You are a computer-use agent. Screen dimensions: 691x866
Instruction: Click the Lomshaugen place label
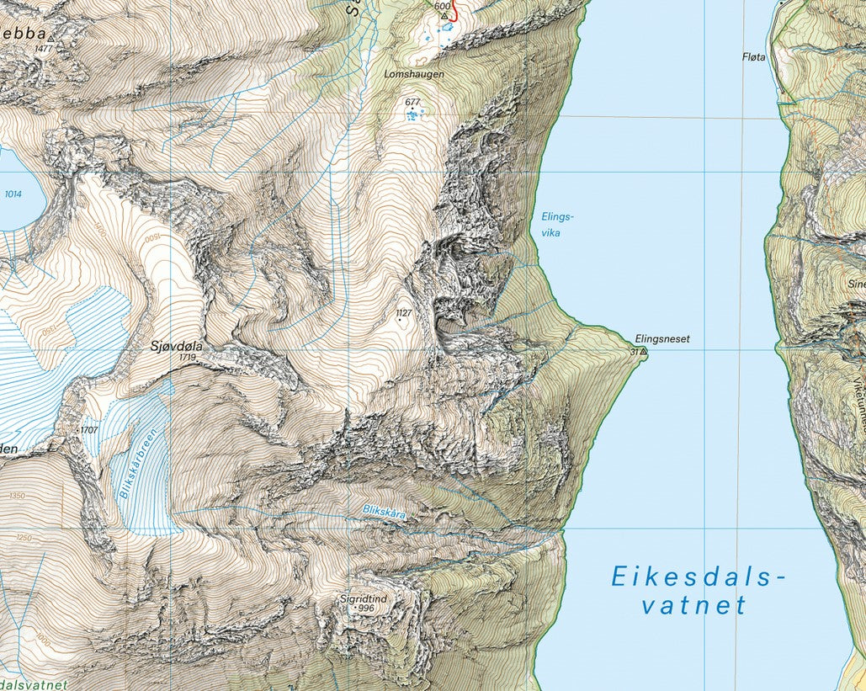tap(413, 74)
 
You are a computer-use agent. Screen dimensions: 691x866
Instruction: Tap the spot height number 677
tap(412, 102)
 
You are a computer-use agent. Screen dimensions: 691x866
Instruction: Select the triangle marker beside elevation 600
tap(444, 15)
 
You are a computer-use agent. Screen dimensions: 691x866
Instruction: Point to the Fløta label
tap(754, 57)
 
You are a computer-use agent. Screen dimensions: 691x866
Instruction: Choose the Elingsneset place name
tap(662, 339)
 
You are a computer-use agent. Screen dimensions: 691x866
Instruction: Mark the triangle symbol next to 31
tap(645, 351)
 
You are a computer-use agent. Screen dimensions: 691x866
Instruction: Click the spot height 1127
tap(403, 313)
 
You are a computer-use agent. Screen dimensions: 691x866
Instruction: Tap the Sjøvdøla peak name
tap(176, 345)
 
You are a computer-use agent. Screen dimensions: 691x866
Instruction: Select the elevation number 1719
tap(187, 357)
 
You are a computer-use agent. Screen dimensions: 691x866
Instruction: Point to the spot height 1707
tap(89, 430)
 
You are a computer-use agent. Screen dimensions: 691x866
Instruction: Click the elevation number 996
tap(364, 609)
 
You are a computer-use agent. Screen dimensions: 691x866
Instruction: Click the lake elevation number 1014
tap(13, 194)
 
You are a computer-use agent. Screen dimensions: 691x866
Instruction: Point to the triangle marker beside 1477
tap(50, 39)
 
